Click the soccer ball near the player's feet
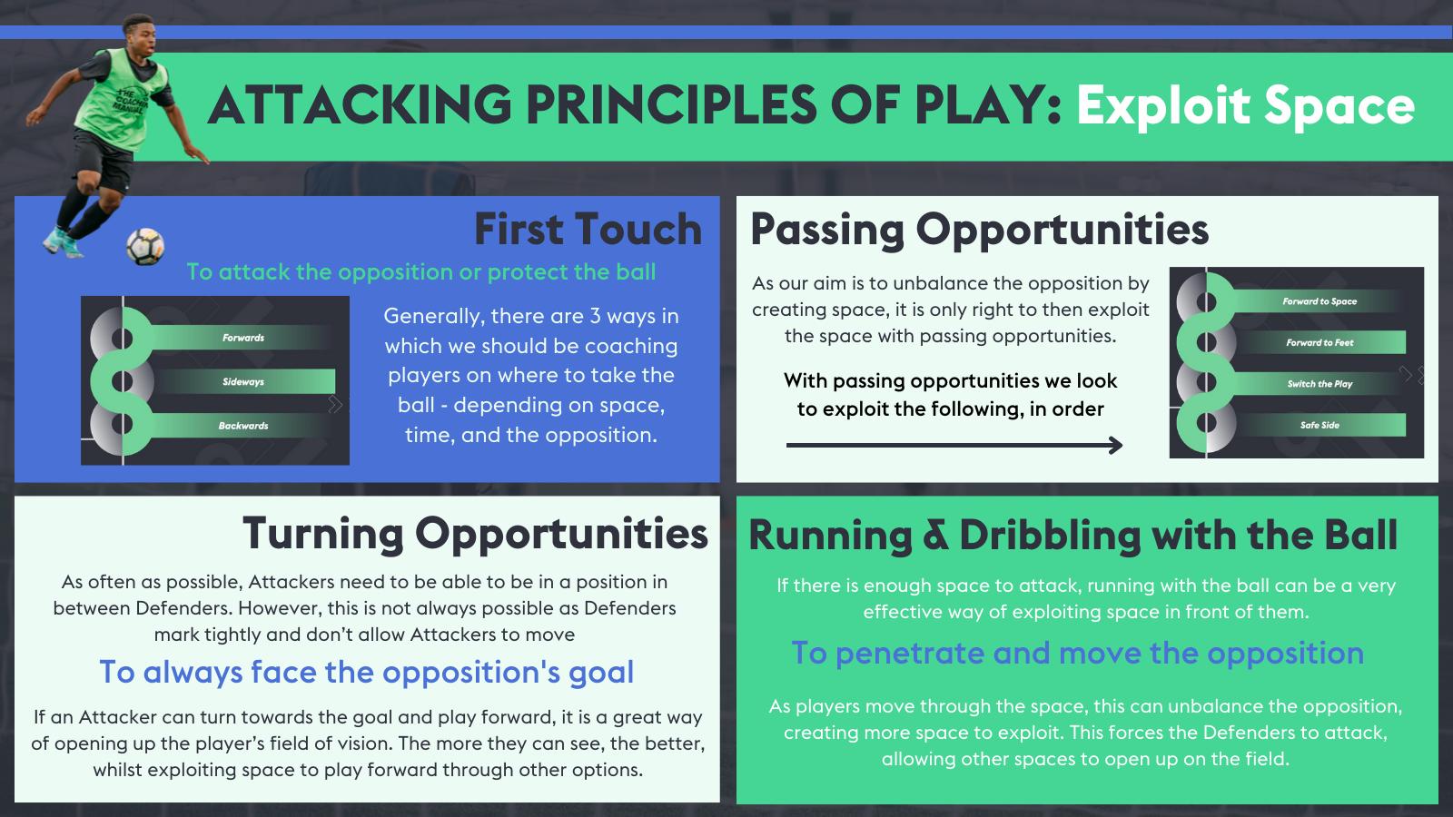click(145, 246)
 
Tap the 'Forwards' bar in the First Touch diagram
click(243, 338)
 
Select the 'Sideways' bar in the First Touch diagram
click(243, 381)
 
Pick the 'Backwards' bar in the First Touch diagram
click(243, 425)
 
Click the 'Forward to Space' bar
click(1319, 300)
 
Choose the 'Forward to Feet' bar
click(1319, 342)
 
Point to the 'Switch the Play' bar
click(1319, 383)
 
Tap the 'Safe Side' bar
click(1319, 424)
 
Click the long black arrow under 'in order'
click(954, 445)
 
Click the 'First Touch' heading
click(588, 229)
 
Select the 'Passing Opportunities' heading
click(979, 229)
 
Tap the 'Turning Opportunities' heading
click(475, 533)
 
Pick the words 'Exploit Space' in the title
click(1245, 105)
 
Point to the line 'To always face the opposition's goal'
click(366, 672)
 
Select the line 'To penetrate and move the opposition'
click(1077, 653)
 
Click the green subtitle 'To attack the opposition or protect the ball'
click(420, 271)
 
